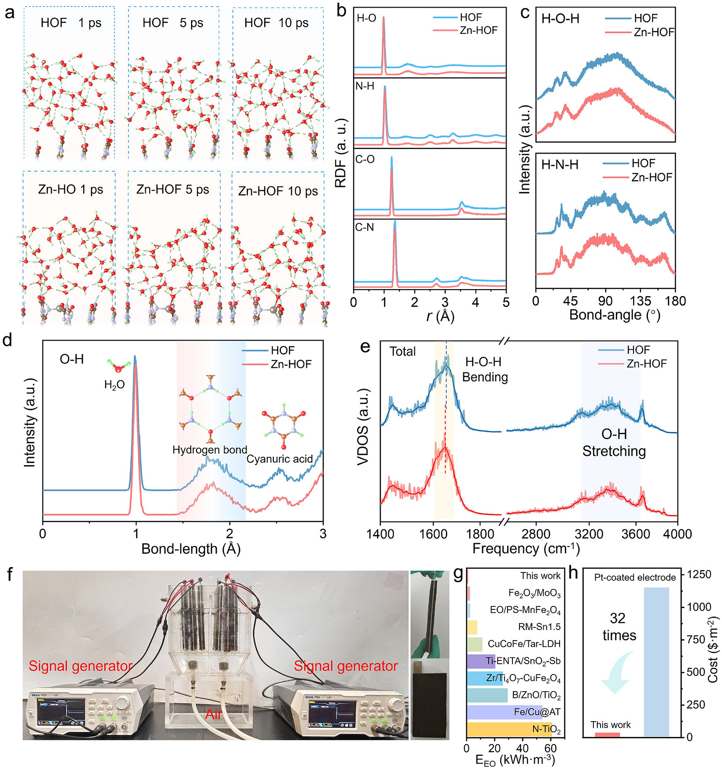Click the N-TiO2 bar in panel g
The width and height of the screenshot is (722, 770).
tap(509, 730)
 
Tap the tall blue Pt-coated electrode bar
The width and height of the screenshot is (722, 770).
tap(656, 662)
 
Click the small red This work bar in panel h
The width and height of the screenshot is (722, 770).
tap(607, 734)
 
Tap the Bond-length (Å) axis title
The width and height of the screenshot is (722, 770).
tap(191, 549)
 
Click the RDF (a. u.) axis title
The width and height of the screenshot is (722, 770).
tap(341, 153)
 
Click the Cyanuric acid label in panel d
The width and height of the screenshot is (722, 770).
tap(280, 459)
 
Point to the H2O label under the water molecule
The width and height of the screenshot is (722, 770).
tap(114, 385)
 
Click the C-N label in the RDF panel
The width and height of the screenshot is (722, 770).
tap(365, 227)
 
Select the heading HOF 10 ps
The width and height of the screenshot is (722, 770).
tap(276, 23)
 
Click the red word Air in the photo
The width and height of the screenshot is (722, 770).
tap(214, 714)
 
